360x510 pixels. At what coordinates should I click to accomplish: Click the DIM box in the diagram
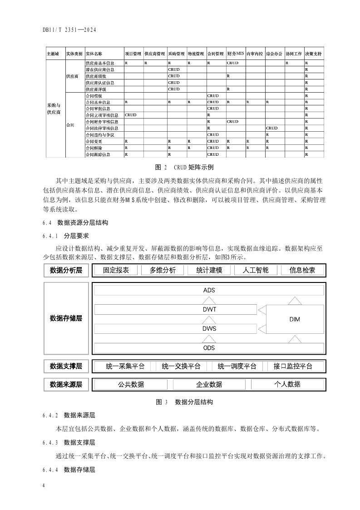(x=294, y=319)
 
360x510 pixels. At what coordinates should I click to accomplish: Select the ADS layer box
(x=209, y=290)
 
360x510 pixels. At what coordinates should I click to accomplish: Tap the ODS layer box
(x=209, y=348)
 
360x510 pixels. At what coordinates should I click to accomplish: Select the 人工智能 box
(x=256, y=270)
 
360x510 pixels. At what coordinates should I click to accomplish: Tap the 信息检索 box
(x=302, y=270)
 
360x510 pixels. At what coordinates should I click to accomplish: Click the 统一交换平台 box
(x=181, y=366)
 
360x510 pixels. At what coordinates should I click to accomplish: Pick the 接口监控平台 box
(x=293, y=366)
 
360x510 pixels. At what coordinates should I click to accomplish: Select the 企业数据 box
(x=209, y=384)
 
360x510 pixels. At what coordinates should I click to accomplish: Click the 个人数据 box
(x=287, y=384)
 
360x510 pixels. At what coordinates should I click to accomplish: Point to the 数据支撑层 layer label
(x=66, y=366)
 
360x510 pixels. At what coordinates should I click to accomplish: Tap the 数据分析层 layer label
(x=66, y=270)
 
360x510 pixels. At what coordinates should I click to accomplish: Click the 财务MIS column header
(x=236, y=54)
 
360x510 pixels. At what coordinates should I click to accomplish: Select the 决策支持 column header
(x=313, y=54)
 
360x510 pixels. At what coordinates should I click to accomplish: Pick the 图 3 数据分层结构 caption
(x=184, y=402)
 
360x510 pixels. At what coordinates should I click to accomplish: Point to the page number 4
(x=44, y=486)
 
